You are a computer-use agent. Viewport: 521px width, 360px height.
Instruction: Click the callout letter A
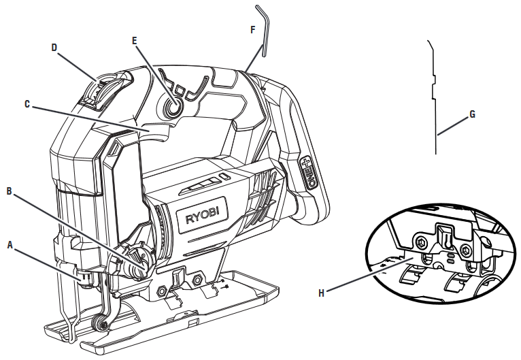[x=10, y=244]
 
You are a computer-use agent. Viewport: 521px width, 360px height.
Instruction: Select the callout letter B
[x=10, y=192]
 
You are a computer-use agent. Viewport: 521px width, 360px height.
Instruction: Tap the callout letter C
[x=27, y=104]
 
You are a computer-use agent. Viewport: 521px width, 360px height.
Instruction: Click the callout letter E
[x=135, y=41]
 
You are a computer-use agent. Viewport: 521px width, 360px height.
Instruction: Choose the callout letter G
[x=472, y=114]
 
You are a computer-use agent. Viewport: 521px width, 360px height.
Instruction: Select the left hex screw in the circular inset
[x=422, y=242]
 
